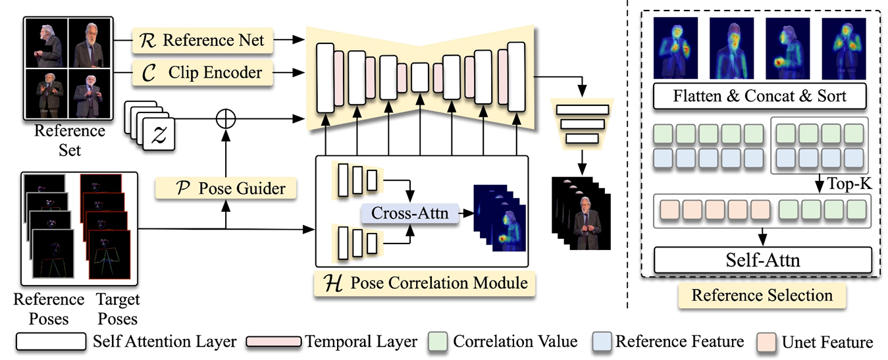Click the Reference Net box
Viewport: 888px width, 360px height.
(x=203, y=40)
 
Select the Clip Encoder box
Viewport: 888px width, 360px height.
(x=203, y=72)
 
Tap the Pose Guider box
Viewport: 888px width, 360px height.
(x=226, y=188)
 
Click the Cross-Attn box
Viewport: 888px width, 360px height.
(x=410, y=213)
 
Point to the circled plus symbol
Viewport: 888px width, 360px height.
(x=226, y=119)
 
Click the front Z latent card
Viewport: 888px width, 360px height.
(x=159, y=134)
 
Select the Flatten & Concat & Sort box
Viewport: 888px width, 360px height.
(x=760, y=96)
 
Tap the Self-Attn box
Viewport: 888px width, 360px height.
(x=763, y=260)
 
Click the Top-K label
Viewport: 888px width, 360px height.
(x=849, y=184)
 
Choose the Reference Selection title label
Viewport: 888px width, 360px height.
(x=762, y=296)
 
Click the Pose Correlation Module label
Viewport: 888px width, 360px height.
(x=425, y=284)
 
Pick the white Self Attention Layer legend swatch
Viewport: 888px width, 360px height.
(x=51, y=342)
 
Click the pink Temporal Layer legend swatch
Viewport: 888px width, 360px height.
(x=274, y=342)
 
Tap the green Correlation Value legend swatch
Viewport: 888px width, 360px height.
(x=438, y=342)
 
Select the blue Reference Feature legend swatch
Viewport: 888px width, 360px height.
(x=602, y=342)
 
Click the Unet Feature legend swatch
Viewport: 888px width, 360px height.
(x=766, y=342)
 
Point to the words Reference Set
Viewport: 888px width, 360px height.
(x=70, y=140)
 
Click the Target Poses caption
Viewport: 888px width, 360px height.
(x=118, y=309)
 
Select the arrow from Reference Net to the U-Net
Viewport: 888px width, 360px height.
(x=289, y=39)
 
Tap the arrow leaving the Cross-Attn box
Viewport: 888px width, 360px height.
(x=466, y=213)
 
